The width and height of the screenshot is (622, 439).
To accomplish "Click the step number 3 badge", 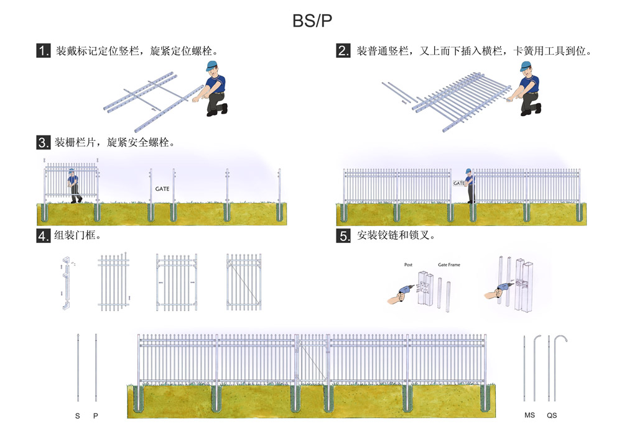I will (44, 143).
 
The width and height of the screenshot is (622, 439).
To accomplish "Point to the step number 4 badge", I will (44, 236).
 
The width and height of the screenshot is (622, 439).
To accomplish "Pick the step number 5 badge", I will (343, 236).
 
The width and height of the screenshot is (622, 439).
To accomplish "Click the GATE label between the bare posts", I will (162, 187).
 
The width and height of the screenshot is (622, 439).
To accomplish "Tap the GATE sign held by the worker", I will (459, 183).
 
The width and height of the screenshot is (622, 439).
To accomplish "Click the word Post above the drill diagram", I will (408, 265).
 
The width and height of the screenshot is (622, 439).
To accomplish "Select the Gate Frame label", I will (449, 265).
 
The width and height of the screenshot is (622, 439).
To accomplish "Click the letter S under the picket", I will (78, 415).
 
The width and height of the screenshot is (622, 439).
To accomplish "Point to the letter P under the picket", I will (96, 415).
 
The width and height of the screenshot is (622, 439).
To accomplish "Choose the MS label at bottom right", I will (529, 415).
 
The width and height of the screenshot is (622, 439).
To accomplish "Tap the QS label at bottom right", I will (552, 415).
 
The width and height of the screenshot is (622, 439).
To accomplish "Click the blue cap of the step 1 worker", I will (212, 66).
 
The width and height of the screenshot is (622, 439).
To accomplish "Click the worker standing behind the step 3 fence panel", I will (74, 184).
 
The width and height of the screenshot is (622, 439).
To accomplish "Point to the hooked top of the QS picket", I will (562, 340).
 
